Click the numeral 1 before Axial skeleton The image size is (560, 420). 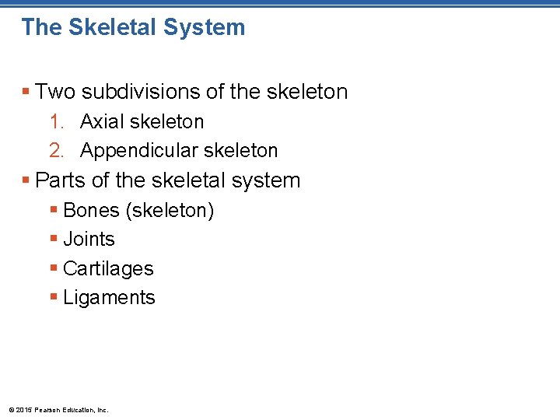(55, 122)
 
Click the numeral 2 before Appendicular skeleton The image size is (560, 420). (55, 151)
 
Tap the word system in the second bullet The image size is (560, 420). (268, 180)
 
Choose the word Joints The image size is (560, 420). (89, 239)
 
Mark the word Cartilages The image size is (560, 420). (108, 268)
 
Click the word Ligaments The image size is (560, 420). (109, 297)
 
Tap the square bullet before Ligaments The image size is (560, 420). (53, 297)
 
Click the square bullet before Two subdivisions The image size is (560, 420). (26, 92)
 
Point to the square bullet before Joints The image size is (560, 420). (53, 239)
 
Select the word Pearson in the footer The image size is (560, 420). (47, 409)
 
